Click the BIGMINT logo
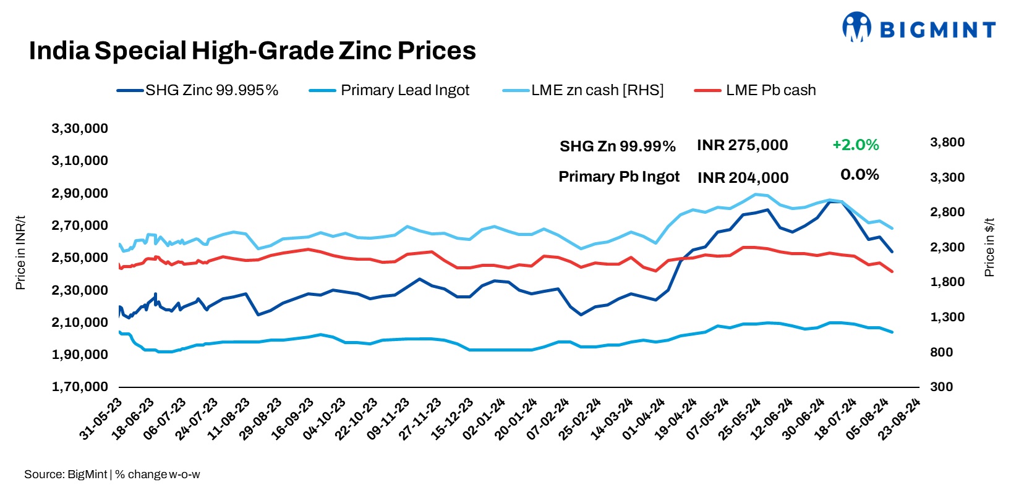pos(918,28)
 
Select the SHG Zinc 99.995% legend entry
pos(198,90)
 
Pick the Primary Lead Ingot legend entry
pos(390,90)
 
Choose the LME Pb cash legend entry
pos(755,90)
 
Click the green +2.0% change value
pos(855,145)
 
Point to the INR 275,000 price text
pos(742,145)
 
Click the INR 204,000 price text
pos(743,178)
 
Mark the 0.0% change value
pos(860,175)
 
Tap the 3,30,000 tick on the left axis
pos(80,129)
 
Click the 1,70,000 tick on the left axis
pos(80,387)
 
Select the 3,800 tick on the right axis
pos(947,142)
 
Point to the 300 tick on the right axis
pos(941,387)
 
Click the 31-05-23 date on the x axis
pos(101,419)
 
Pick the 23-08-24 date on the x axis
pos(900,419)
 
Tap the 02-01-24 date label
pos(485,419)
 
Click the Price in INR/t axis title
pos(20,253)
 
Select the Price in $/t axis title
pos(990,247)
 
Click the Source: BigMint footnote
pos(111,474)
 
